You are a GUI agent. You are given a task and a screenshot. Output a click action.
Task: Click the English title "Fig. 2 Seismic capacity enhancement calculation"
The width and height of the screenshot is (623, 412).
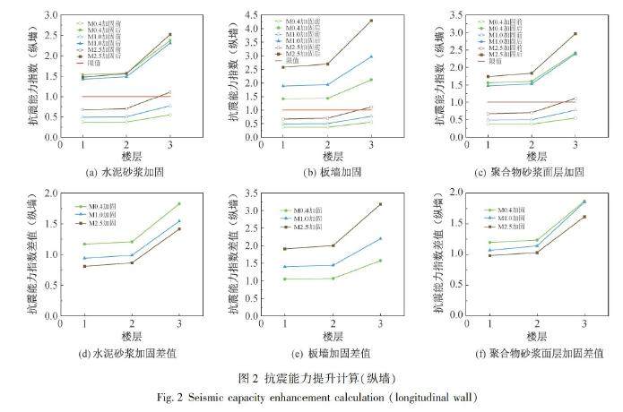coord(310,396)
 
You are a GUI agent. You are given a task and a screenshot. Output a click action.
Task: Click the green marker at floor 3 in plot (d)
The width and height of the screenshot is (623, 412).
coord(178,203)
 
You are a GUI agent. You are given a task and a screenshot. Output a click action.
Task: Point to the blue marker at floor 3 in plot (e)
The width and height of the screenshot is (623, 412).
coord(381,238)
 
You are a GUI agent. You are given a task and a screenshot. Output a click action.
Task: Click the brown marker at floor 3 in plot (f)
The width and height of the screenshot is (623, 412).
coord(584,216)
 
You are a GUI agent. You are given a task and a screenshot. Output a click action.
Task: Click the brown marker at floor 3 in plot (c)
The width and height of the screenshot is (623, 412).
coord(575,34)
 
